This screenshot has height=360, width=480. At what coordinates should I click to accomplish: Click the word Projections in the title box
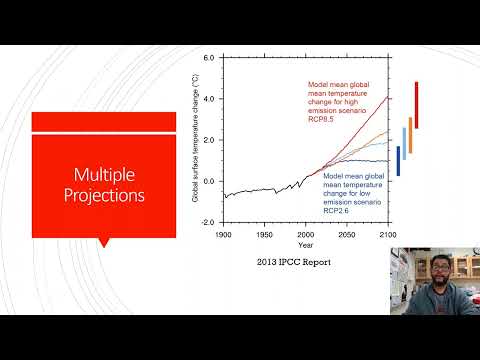tap(104, 195)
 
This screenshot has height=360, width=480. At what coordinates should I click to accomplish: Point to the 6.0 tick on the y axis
tap(208, 58)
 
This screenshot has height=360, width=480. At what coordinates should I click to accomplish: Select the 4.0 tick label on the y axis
tap(208, 99)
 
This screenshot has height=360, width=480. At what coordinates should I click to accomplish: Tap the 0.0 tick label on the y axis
tap(208, 181)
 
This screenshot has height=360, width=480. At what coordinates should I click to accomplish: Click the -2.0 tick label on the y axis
tap(207, 223)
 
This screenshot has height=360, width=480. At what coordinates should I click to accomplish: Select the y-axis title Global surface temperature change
tap(196, 140)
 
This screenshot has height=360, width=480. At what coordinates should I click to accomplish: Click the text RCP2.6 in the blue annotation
tap(336, 211)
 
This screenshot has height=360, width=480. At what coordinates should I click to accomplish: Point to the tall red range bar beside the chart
tap(416, 105)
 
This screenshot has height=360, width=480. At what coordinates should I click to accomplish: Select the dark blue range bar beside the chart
tap(398, 161)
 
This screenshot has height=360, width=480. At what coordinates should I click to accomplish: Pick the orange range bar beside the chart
tap(410, 134)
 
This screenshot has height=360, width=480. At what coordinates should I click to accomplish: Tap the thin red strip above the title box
tap(104, 122)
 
